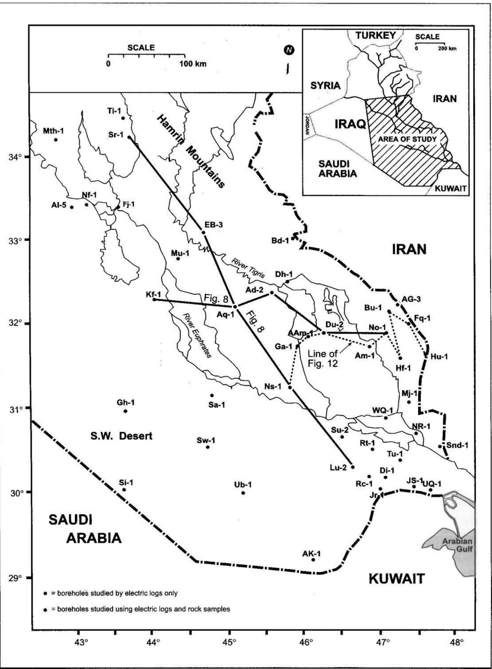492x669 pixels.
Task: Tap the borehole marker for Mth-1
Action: pyautogui.click(x=55, y=140)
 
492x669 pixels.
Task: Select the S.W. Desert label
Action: pyautogui.click(x=121, y=436)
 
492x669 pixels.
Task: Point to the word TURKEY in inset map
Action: pyautogui.click(x=376, y=36)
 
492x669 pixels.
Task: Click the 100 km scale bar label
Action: pyautogui.click(x=193, y=64)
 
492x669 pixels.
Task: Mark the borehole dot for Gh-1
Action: pyautogui.click(x=125, y=411)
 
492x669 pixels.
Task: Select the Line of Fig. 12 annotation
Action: pyautogui.click(x=323, y=359)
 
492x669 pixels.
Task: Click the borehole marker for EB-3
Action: pyautogui.click(x=203, y=232)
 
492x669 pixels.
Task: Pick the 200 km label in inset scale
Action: pyautogui.click(x=447, y=49)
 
